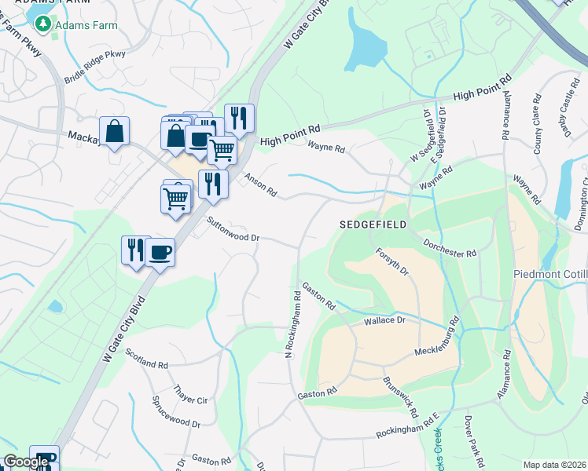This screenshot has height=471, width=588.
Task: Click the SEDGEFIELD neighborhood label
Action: (373, 225)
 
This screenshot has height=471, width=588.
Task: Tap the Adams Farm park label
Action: (86, 25)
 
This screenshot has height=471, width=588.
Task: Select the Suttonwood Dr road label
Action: (233, 229)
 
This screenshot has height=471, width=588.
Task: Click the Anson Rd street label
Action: (261, 185)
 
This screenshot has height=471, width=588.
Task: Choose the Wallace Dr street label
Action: (384, 321)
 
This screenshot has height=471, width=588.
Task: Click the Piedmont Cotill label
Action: (549, 274)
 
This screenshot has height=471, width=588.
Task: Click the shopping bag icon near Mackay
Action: (114, 131)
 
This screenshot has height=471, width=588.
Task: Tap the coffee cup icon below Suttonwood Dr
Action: (160, 252)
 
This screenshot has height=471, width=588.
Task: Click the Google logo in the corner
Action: (27, 462)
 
